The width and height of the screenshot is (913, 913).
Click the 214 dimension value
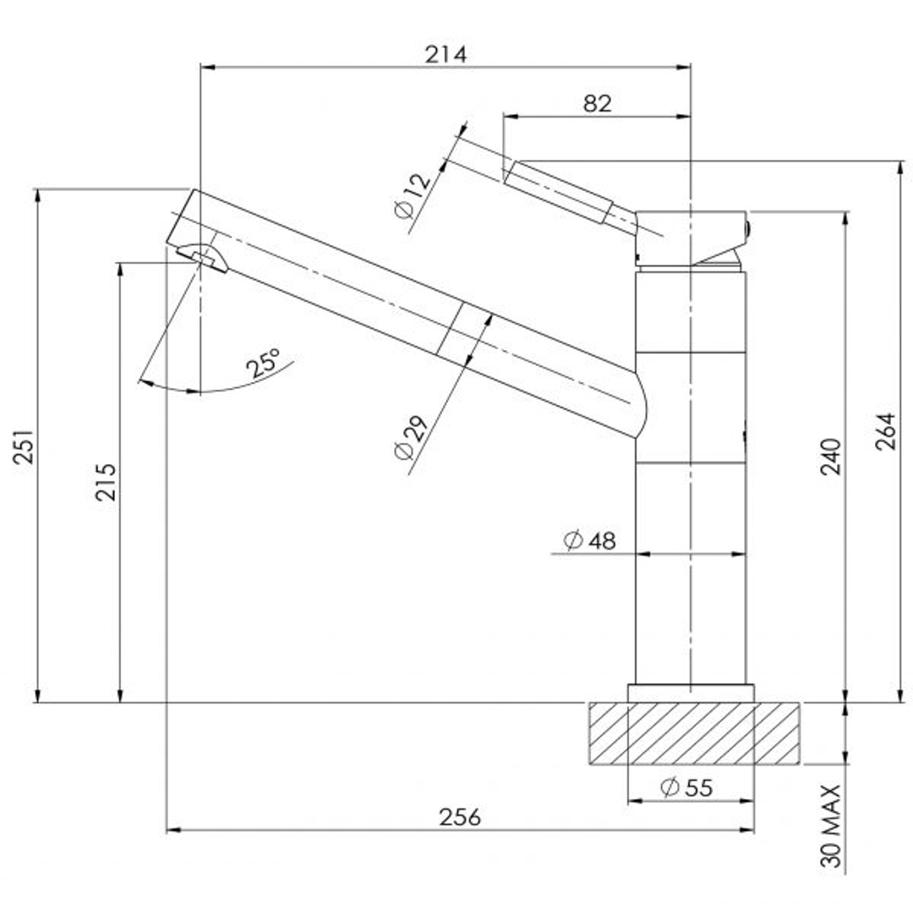click(446, 55)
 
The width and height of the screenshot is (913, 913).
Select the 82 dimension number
click(598, 104)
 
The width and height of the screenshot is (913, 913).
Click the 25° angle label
click(263, 363)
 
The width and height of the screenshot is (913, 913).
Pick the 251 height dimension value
click(24, 446)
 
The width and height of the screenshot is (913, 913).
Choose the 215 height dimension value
click(106, 482)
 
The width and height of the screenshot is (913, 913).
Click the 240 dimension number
click(831, 456)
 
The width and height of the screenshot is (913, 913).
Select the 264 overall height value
click(885, 431)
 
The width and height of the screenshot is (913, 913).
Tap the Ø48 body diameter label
click(589, 540)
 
